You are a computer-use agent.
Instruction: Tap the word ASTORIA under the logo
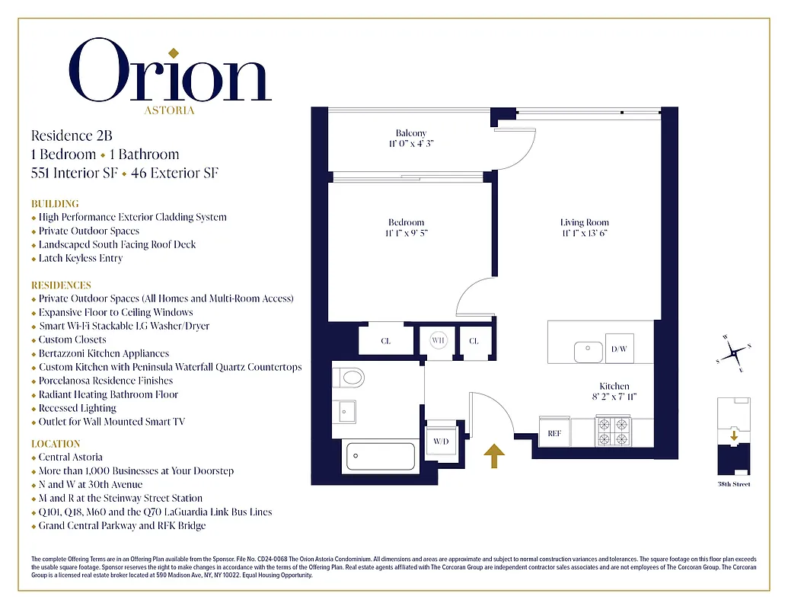[x=169, y=110]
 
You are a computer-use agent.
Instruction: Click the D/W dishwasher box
[x=618, y=349]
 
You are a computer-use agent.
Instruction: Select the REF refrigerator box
[x=554, y=433]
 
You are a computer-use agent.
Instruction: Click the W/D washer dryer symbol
[x=441, y=442]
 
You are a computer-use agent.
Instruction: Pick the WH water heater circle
[x=439, y=340]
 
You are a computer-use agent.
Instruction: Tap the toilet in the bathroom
[x=349, y=377]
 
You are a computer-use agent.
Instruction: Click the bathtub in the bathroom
[x=381, y=457]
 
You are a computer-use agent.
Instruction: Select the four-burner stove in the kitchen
[x=614, y=431]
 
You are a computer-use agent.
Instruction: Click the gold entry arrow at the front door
[x=495, y=456]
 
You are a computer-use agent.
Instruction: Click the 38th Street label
[x=734, y=484]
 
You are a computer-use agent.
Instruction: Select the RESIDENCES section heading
[x=61, y=285]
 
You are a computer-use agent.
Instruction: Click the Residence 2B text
[x=72, y=136]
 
